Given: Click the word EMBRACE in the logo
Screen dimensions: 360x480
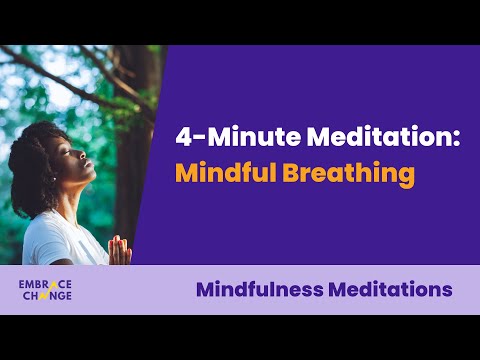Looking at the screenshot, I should tap(45, 284).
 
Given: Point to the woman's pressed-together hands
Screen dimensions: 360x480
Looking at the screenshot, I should tap(120, 250).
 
